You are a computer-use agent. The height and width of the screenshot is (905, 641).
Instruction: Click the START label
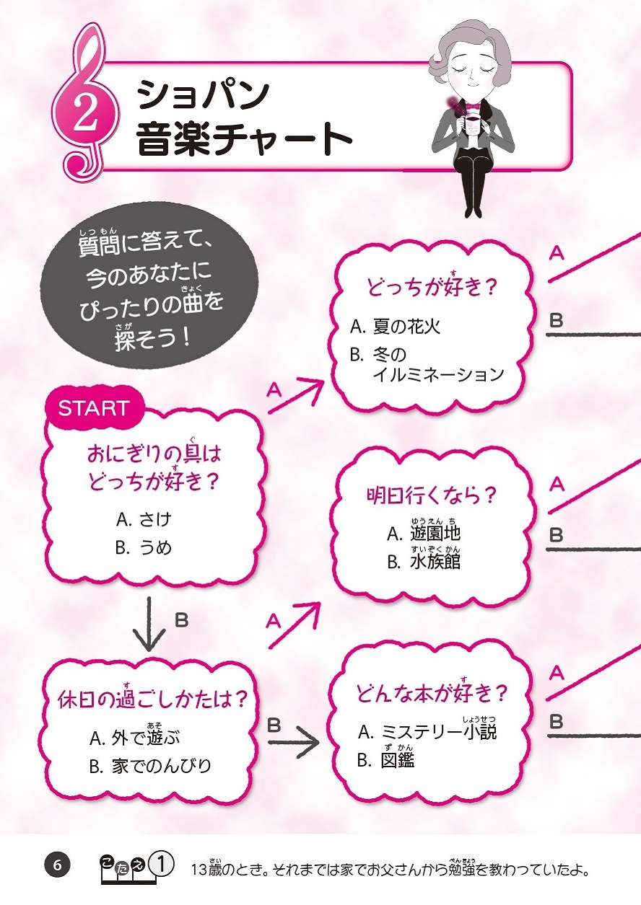[x=94, y=408]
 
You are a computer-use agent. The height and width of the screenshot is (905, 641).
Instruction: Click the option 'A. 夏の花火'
[x=395, y=327]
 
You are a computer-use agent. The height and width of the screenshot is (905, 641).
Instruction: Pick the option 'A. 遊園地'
[x=424, y=534]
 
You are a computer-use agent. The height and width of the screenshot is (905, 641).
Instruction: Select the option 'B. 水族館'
[x=424, y=561]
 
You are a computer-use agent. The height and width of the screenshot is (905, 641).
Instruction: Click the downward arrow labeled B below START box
[x=150, y=624]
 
